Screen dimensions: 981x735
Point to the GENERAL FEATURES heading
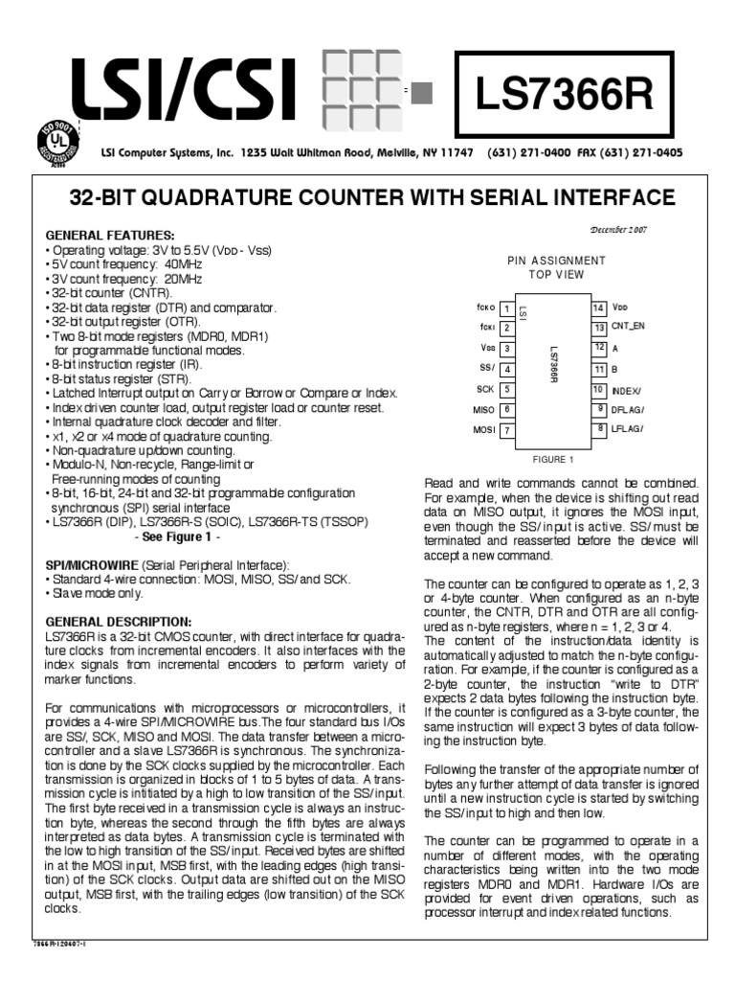[x=110, y=236]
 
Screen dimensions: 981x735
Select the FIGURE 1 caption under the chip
[x=554, y=459]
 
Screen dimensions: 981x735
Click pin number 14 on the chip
[x=599, y=308]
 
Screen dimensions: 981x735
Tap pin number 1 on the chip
[x=505, y=308]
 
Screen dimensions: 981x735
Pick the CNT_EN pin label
[x=629, y=326]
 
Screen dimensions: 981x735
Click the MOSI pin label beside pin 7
[x=483, y=430]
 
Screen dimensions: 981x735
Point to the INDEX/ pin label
[x=629, y=389]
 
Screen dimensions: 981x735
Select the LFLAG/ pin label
[x=629, y=427]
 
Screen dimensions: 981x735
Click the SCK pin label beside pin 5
[x=484, y=389]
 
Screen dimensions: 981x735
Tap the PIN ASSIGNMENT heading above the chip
[x=555, y=261]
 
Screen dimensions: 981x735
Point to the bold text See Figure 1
[x=200, y=536]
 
